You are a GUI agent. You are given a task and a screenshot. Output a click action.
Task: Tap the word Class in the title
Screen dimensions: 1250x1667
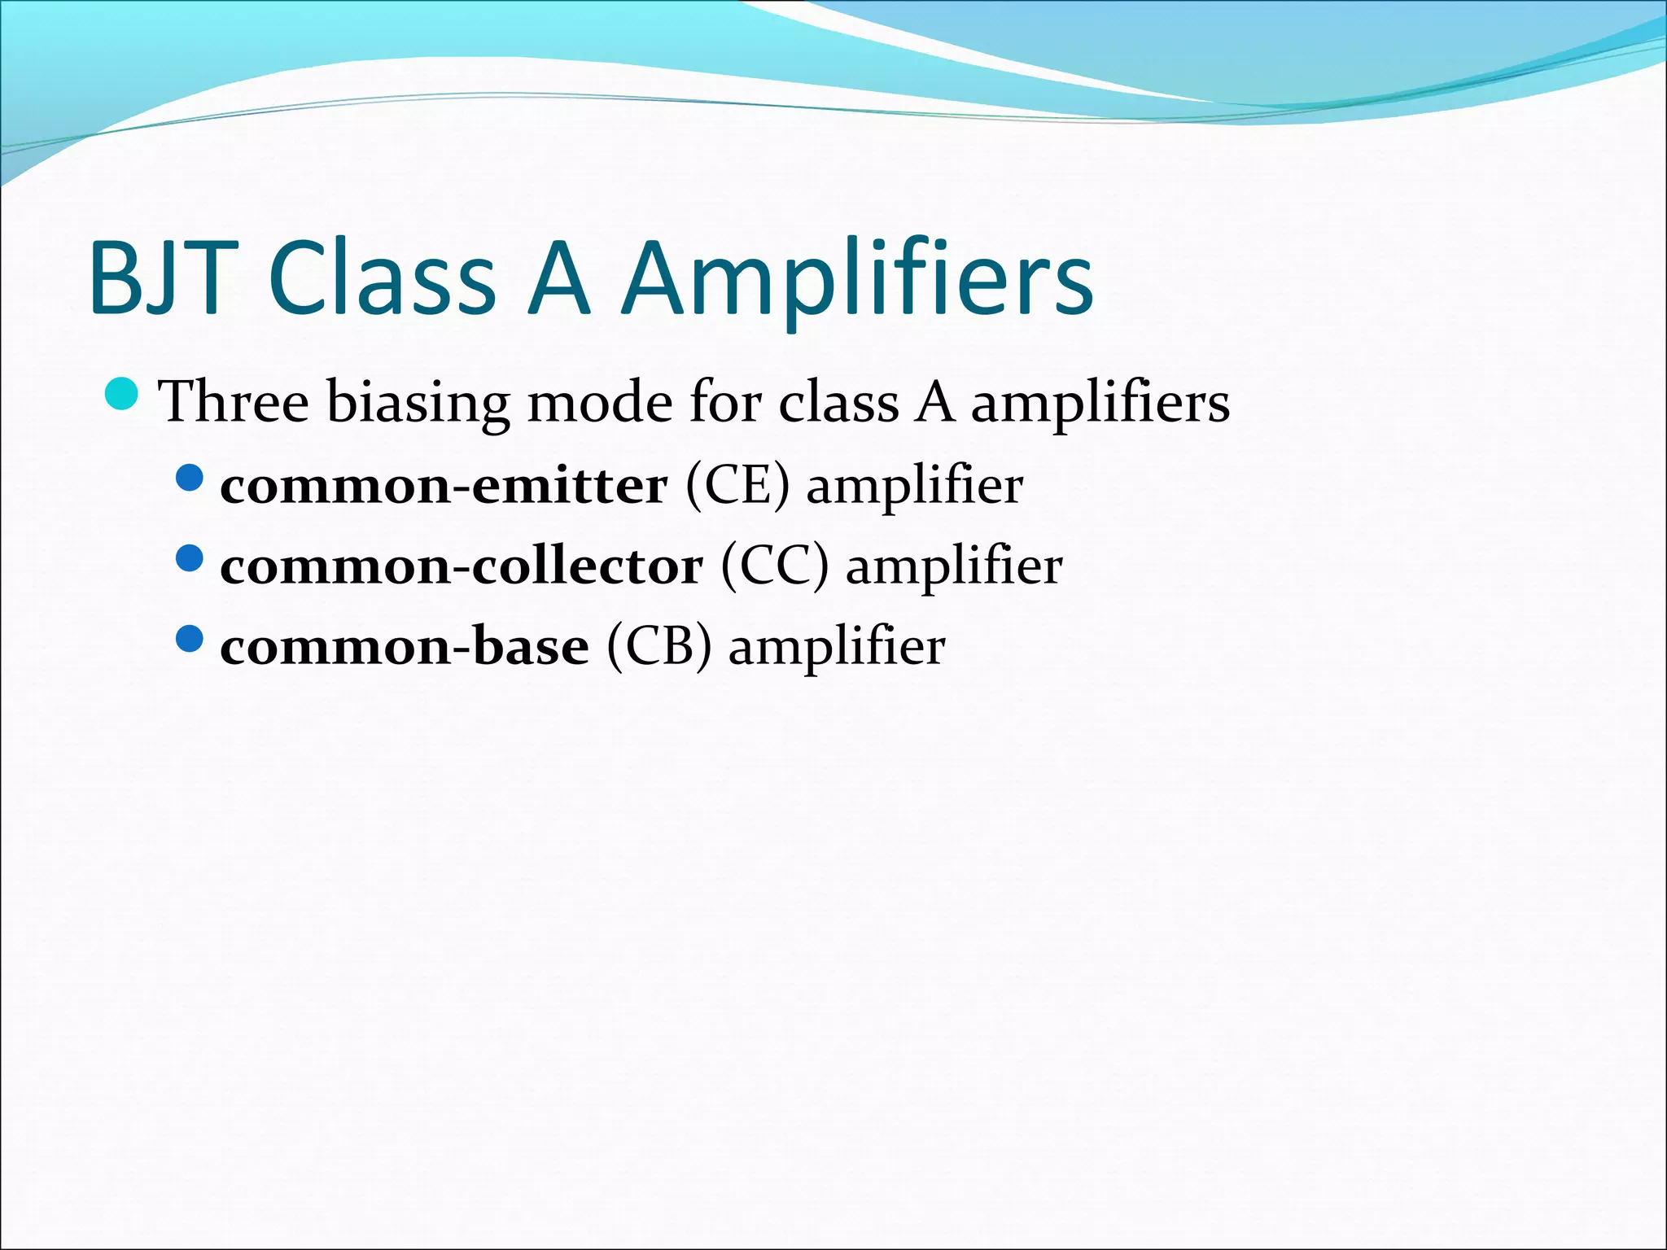pos(382,278)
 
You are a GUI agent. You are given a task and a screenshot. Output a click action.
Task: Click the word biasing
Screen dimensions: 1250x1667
pos(418,401)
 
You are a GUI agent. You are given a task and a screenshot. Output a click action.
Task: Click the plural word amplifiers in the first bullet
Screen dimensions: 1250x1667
pos(1100,401)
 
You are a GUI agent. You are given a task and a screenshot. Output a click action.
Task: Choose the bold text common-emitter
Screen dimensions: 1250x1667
pos(444,486)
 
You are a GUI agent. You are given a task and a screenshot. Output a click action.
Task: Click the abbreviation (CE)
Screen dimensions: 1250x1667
pos(737,486)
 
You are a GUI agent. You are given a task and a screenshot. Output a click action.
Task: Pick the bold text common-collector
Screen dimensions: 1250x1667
pos(462,566)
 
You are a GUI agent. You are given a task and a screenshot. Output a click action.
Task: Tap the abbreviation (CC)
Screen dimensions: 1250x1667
pos(774,566)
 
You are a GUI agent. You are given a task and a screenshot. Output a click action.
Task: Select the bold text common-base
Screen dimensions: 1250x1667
pos(405,647)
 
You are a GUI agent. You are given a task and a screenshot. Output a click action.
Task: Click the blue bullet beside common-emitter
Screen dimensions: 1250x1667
pos(189,478)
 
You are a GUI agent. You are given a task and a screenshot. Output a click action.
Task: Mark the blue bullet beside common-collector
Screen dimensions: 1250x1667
pos(189,558)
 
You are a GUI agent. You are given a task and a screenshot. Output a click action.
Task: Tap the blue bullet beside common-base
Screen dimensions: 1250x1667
pos(189,639)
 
